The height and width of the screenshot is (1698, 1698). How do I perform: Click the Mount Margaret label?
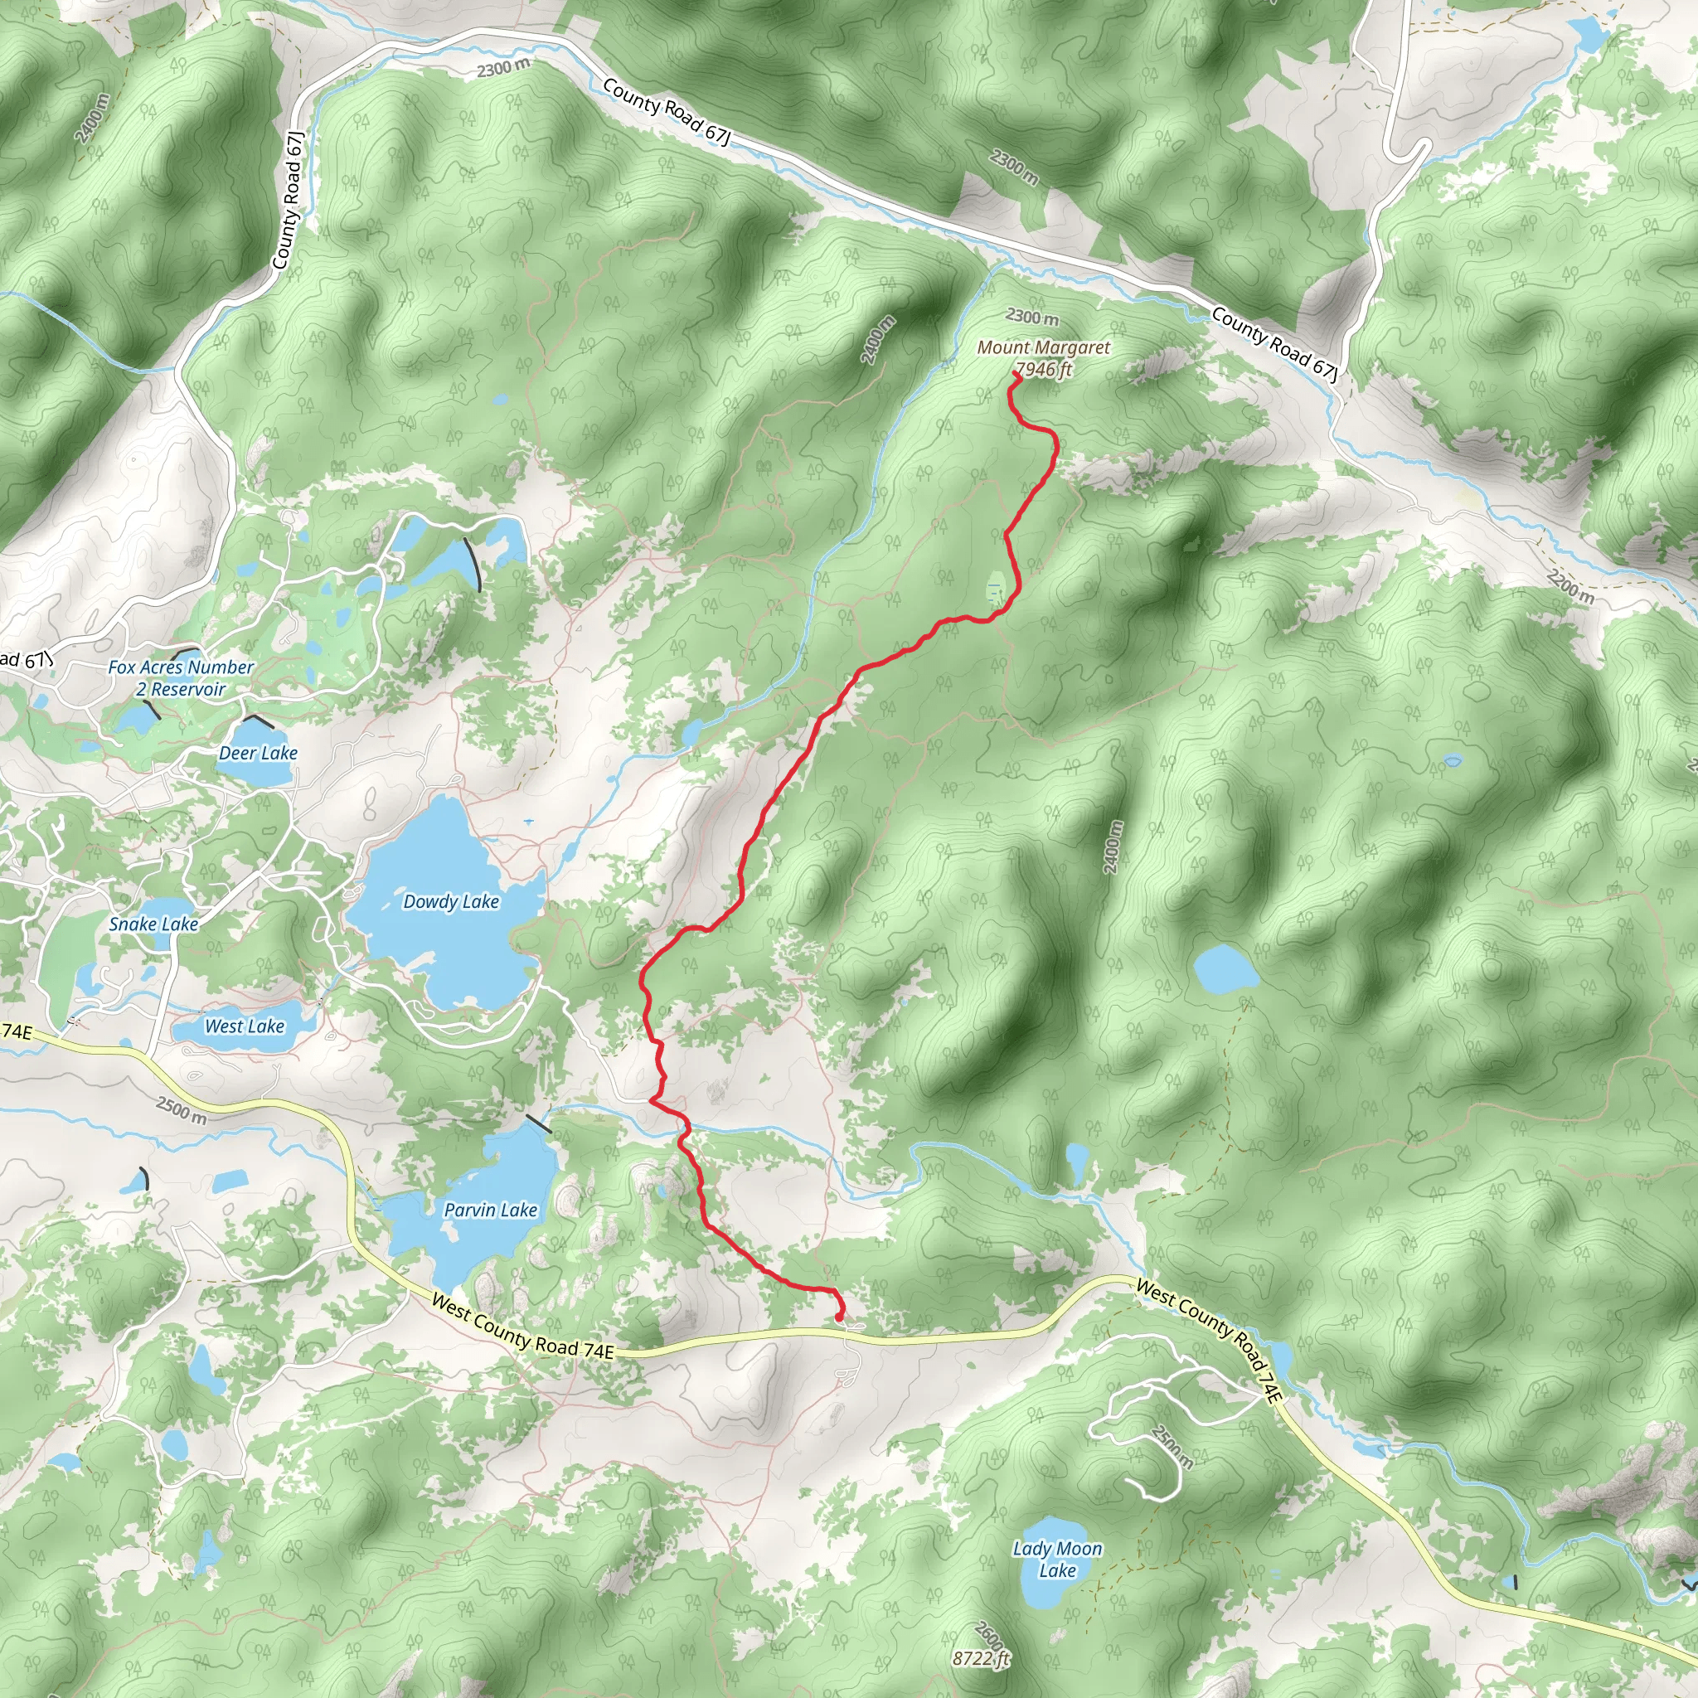point(1043,348)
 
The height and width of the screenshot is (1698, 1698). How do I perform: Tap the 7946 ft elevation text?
point(1043,369)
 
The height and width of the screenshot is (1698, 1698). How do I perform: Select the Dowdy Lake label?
point(451,902)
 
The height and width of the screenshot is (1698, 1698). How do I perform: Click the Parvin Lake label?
point(491,1210)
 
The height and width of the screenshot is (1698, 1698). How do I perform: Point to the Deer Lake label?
point(259,753)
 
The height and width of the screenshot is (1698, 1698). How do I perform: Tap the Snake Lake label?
point(154,924)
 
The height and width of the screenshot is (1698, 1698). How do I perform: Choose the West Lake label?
point(245,1026)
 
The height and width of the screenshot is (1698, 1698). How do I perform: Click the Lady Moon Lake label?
point(1057,1560)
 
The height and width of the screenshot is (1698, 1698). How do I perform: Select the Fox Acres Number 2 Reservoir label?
point(181,678)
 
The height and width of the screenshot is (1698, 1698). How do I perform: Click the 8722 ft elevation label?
point(981,1658)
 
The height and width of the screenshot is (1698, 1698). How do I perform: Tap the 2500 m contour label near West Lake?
point(182,1110)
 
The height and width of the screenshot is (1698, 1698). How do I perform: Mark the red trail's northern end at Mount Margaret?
point(1016,375)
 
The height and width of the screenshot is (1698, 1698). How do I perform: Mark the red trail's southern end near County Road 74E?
point(839,1318)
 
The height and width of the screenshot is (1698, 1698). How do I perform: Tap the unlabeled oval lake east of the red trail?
point(1225,969)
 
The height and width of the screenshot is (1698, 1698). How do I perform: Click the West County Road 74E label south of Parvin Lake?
point(522,1327)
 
